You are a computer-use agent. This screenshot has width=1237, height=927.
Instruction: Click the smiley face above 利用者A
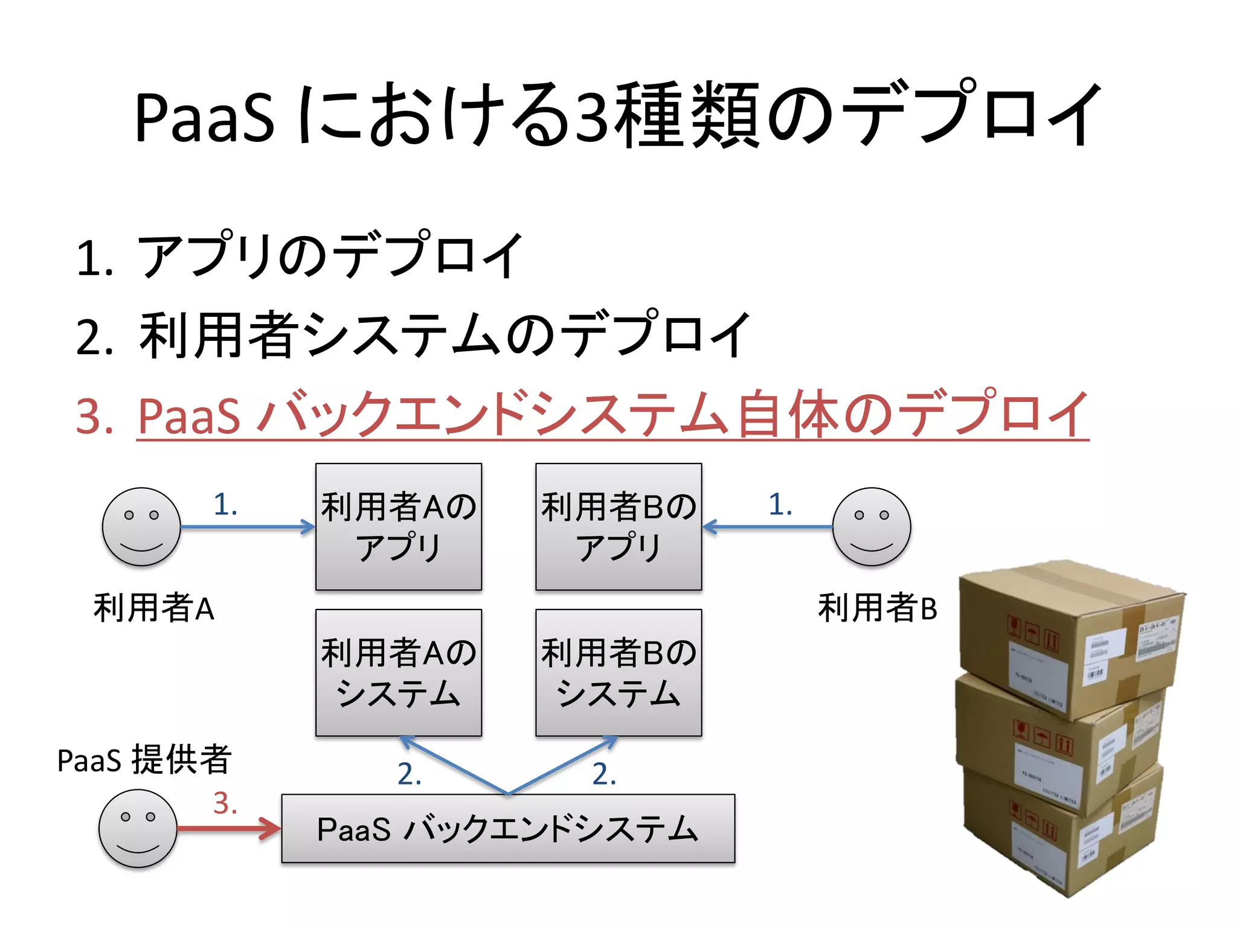tap(141, 526)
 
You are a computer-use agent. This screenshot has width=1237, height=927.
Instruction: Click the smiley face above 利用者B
tap(871, 526)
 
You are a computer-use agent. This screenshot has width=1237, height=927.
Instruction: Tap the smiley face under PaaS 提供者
tap(138, 828)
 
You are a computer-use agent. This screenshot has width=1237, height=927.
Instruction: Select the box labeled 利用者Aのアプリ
tap(399, 526)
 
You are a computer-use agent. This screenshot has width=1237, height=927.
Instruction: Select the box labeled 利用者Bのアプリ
tap(618, 526)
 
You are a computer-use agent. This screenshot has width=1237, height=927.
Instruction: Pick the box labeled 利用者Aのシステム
tap(399, 672)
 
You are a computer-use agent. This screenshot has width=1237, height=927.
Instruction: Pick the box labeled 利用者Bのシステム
tap(618, 672)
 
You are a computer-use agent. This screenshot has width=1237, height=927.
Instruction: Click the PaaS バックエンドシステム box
tap(507, 828)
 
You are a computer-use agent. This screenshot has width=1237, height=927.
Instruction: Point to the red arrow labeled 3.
tap(230, 828)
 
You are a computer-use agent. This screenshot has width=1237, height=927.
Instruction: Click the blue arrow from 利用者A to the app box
tap(248, 527)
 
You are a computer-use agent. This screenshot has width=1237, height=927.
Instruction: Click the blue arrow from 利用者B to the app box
tap(767, 527)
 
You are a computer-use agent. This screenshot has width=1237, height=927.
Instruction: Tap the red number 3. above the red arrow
tap(225, 803)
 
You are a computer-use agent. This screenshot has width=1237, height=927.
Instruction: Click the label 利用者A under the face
tap(153, 608)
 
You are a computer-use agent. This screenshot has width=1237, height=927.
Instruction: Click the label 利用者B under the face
tap(877, 608)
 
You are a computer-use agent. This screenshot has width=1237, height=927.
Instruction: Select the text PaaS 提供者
tap(144, 759)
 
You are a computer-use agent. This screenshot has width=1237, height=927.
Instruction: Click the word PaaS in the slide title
tap(204, 116)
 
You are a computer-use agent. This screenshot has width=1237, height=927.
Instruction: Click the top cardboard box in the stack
tap(1069, 634)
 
